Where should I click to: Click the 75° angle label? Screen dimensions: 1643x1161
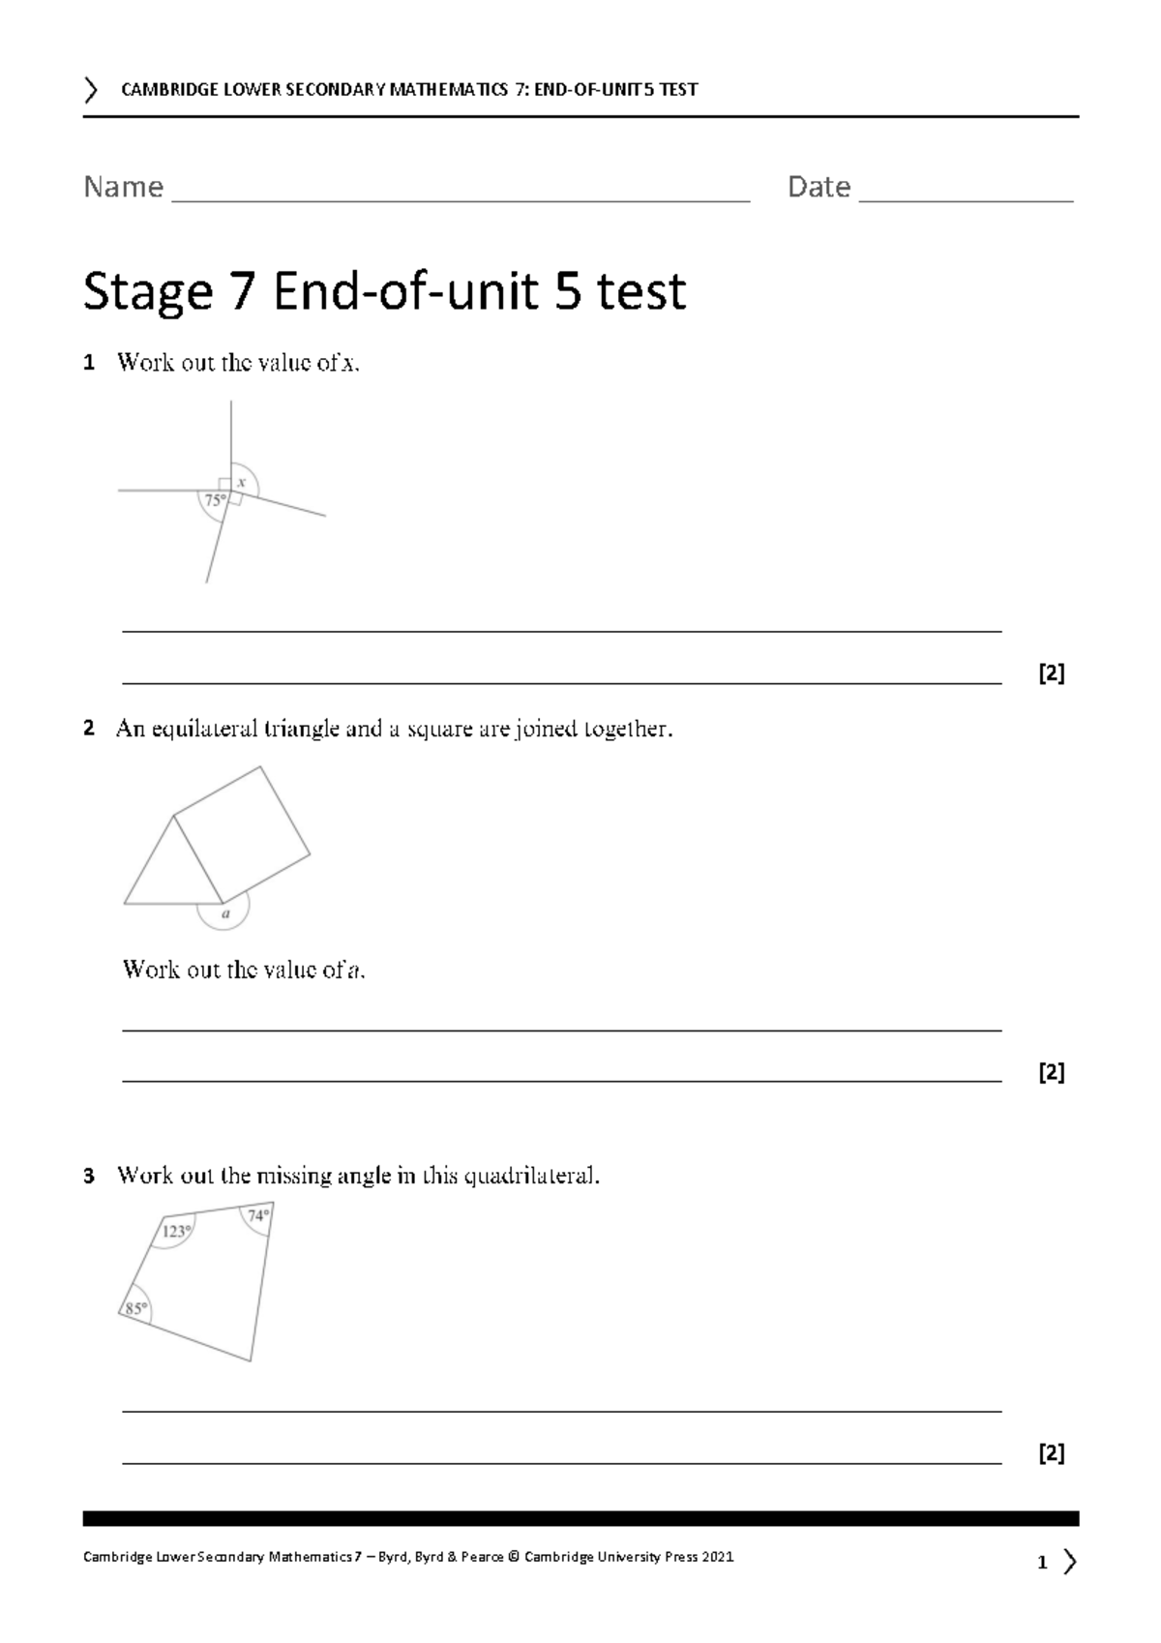tap(214, 500)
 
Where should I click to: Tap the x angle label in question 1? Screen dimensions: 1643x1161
tap(242, 482)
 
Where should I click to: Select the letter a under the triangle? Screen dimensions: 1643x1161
tap(225, 912)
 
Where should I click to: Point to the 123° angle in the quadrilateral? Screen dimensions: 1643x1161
tap(176, 1232)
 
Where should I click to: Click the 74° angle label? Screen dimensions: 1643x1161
tap(258, 1216)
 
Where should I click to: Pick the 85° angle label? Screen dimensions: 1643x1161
tap(135, 1308)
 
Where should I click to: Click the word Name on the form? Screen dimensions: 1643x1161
tap(123, 187)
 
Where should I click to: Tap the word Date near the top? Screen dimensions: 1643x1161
tap(819, 187)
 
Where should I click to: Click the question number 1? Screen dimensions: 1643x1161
tap(89, 364)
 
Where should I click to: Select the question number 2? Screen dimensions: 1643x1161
tap(89, 730)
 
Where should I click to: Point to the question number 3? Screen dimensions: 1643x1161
tap(89, 1178)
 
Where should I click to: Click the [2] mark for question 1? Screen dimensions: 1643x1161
tap(1051, 673)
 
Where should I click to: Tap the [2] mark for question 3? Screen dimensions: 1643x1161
tap(1051, 1453)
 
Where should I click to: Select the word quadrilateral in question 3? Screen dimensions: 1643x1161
tap(530, 1177)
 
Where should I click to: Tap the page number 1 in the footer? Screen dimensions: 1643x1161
tap(1042, 1563)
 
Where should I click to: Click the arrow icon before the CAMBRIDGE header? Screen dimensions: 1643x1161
tap(91, 90)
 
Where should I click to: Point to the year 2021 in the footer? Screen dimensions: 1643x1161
tap(717, 1557)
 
